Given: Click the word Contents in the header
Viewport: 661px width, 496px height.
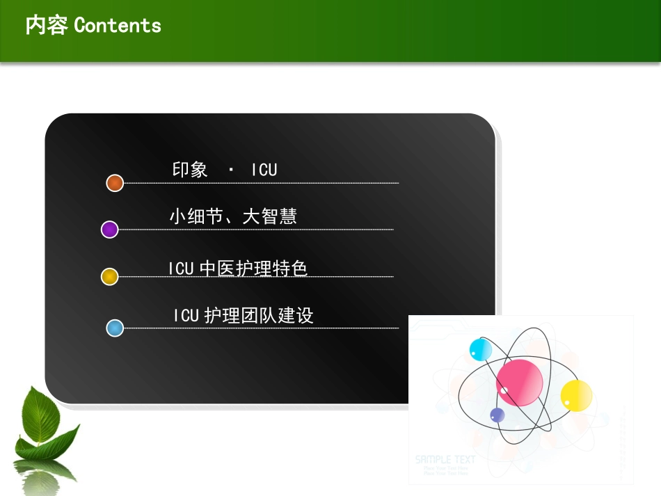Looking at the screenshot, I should coord(118,26).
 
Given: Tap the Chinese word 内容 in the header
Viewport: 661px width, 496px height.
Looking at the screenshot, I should coord(46,26).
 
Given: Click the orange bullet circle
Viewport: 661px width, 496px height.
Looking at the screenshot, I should coord(115,183).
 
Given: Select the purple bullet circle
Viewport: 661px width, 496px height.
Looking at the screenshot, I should coord(109,230).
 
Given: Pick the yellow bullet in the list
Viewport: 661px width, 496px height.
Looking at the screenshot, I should coord(109,277).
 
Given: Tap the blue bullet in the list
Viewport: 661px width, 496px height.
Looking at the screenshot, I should coord(115,328).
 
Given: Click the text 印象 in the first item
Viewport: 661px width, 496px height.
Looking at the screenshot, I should coord(190,170).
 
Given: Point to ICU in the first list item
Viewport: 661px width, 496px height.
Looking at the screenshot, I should coord(264,170).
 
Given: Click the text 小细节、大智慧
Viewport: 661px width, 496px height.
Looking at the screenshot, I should coord(233,217).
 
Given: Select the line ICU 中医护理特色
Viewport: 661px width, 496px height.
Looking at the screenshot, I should coord(238,268).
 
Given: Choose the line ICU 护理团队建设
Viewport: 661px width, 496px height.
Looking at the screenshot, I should coord(244,316).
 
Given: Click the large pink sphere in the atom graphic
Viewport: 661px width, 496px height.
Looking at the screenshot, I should coord(519,381).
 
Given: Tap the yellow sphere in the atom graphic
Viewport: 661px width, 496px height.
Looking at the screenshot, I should coord(576,394).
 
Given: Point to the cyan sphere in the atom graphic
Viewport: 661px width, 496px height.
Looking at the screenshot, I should coord(480,349).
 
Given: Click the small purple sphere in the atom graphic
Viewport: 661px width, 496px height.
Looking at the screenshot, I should coord(497,415).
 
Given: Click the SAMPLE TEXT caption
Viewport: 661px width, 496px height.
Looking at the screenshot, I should coord(445,460).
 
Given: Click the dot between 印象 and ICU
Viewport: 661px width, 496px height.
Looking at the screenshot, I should coord(230,170).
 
